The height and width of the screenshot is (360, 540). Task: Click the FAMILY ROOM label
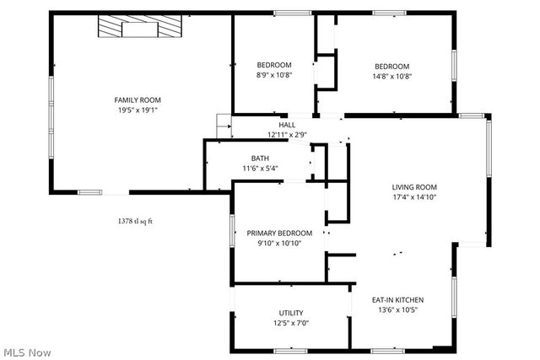(x=138, y=100)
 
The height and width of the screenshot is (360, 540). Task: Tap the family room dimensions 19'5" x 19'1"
(x=138, y=110)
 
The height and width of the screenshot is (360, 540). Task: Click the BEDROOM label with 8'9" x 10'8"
(x=274, y=66)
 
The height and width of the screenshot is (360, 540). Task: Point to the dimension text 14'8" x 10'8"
(x=392, y=76)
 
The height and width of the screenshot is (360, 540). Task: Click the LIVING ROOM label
(x=413, y=187)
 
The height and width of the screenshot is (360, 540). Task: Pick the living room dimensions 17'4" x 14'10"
(x=413, y=196)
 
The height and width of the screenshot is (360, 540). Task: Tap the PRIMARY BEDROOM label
(x=279, y=234)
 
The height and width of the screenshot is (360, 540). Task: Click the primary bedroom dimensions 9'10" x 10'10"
(x=279, y=243)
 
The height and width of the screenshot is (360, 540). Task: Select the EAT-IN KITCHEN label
(x=397, y=300)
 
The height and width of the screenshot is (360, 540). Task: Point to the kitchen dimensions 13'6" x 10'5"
(x=397, y=309)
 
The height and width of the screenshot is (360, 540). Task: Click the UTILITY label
(x=291, y=314)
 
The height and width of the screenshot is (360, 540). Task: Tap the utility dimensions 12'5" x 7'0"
(x=291, y=323)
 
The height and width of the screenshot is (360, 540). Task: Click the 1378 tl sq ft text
(x=140, y=221)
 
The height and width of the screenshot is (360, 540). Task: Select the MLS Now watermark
(x=27, y=351)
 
